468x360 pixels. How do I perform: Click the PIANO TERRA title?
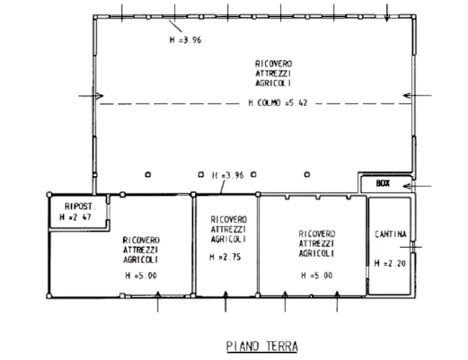click(262, 347)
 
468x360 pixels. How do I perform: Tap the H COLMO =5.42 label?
click(278, 103)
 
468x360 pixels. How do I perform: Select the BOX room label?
click(383, 183)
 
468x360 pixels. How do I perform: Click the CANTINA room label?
click(391, 234)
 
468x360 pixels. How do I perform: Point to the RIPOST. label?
click(80, 206)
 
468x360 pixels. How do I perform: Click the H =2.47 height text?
click(75, 217)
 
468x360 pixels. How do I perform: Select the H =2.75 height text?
click(225, 257)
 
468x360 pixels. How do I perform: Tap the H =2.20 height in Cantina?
click(390, 263)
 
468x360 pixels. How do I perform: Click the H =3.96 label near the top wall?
click(185, 40)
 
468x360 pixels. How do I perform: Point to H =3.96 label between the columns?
click(228, 175)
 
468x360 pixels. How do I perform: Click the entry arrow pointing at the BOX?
click(417, 186)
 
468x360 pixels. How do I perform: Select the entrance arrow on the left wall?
click(91, 96)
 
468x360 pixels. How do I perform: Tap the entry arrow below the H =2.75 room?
click(225, 302)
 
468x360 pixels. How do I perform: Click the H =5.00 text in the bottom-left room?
click(141, 276)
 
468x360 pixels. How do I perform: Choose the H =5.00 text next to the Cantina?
click(317, 276)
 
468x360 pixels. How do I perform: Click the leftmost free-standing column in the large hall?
click(148, 174)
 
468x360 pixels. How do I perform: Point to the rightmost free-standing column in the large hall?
click(307, 174)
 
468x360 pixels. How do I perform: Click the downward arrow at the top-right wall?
click(387, 13)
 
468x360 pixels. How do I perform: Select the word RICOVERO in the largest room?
click(274, 64)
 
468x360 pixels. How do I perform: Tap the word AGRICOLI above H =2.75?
click(228, 239)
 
